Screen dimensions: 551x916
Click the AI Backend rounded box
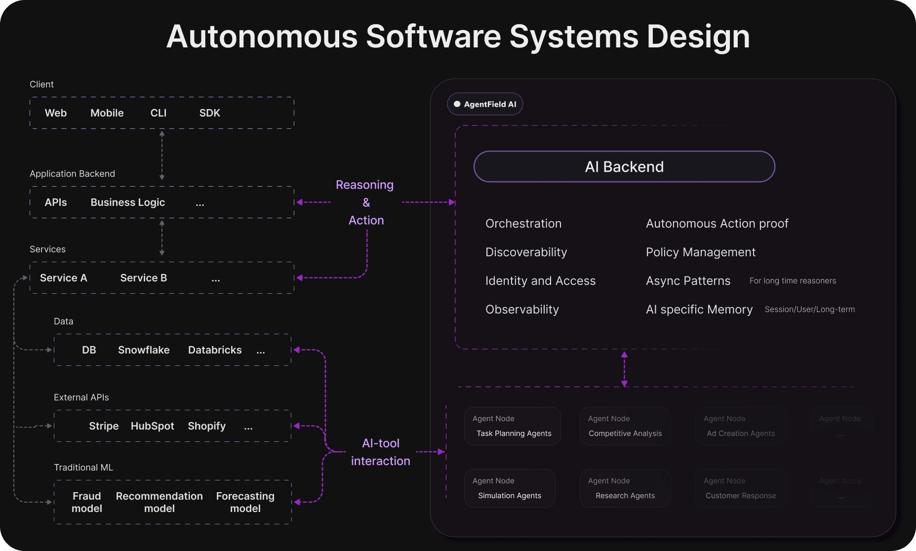tap(624, 167)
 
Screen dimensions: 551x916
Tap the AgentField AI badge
tap(485, 104)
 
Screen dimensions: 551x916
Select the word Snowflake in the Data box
tap(144, 350)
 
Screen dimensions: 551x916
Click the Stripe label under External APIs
tap(104, 426)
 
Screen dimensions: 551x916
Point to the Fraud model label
tap(87, 502)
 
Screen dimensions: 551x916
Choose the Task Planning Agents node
tap(512, 426)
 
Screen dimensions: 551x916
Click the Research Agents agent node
tap(625, 488)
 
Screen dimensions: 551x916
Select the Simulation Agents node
tap(510, 488)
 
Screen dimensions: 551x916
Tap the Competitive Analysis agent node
tap(625, 426)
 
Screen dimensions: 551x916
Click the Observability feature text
tap(522, 310)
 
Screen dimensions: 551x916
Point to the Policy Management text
tap(700, 252)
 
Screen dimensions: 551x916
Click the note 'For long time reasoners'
tap(793, 281)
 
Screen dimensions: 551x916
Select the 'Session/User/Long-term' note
tap(809, 310)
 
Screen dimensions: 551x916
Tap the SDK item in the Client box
tap(209, 113)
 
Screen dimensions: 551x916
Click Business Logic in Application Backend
tap(127, 202)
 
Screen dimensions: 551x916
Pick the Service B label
tap(143, 278)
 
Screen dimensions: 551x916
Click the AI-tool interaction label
tap(380, 452)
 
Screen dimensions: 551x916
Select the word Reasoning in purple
tap(364, 185)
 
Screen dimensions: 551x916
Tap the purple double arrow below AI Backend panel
tap(624, 369)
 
